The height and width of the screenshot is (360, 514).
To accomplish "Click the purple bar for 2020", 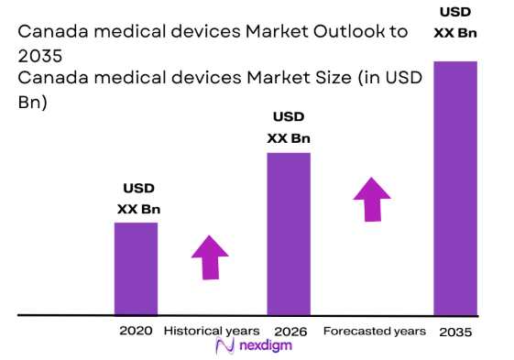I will [x=136, y=268].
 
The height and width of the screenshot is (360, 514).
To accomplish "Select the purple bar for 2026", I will [x=288, y=234].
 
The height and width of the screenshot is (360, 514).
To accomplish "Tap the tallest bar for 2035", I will [x=454, y=188].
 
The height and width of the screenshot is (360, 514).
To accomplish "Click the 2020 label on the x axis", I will [x=135, y=330].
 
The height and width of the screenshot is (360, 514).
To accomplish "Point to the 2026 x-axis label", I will [x=289, y=330].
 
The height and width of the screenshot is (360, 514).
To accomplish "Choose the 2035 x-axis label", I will [x=455, y=331].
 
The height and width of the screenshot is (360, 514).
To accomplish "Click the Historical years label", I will [x=212, y=330].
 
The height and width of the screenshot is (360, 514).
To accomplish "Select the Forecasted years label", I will [x=374, y=330].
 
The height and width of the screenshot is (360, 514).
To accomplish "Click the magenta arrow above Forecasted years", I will [x=372, y=199].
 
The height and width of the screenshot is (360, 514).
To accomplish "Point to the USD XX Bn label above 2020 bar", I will [x=138, y=199].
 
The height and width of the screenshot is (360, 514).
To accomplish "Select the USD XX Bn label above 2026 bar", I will [x=288, y=128].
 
